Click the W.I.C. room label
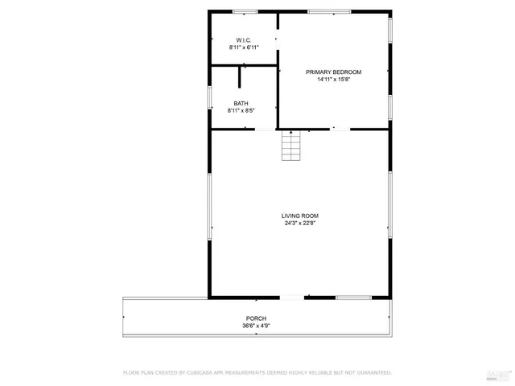coord(243,40)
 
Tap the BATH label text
coord(241,103)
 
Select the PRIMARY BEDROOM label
coord(333,72)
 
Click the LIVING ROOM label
coord(300,216)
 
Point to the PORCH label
coord(256,318)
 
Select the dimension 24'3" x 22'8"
coord(300,224)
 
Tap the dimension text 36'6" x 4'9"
coord(256,326)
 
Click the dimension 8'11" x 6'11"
coord(243,48)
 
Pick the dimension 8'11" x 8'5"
coord(241,111)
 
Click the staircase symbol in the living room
coord(290,146)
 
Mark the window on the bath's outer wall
coord(210,96)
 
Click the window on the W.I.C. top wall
coord(245,11)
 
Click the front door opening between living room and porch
coord(291,298)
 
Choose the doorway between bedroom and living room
coord(340,129)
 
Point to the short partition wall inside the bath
coord(240,76)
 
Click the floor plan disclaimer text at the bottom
coord(257,373)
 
